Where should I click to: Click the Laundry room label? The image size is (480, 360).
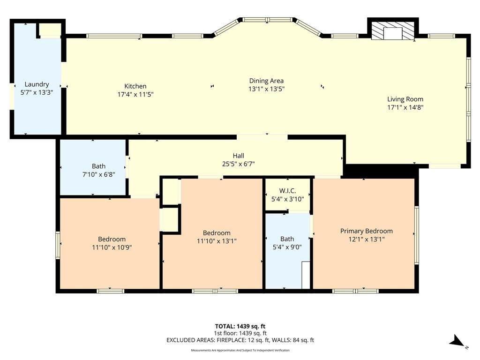(x=37, y=84)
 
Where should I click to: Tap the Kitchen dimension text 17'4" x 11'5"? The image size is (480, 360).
(x=135, y=94)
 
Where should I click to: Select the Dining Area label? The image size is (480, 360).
(x=266, y=81)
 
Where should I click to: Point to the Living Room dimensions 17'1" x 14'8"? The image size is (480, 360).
(x=405, y=107)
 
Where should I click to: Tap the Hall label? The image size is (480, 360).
(x=239, y=156)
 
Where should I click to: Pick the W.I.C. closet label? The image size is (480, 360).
(x=287, y=191)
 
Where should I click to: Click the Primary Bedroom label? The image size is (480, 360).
(x=367, y=231)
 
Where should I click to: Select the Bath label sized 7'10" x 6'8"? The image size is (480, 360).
(x=98, y=166)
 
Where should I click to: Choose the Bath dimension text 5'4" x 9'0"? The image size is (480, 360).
(x=287, y=247)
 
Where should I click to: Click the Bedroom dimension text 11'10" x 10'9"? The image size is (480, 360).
(x=112, y=247)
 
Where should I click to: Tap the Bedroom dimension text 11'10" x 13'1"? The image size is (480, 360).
(x=217, y=241)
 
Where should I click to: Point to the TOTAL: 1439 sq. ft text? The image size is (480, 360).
(x=240, y=326)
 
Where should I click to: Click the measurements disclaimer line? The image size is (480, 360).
(x=240, y=350)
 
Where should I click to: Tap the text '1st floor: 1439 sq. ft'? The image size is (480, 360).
(x=240, y=333)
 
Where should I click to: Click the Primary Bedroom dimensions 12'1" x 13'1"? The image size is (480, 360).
(x=367, y=239)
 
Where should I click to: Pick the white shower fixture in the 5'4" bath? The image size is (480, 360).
(x=306, y=275)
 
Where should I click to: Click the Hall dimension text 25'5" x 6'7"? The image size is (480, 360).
(x=239, y=164)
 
